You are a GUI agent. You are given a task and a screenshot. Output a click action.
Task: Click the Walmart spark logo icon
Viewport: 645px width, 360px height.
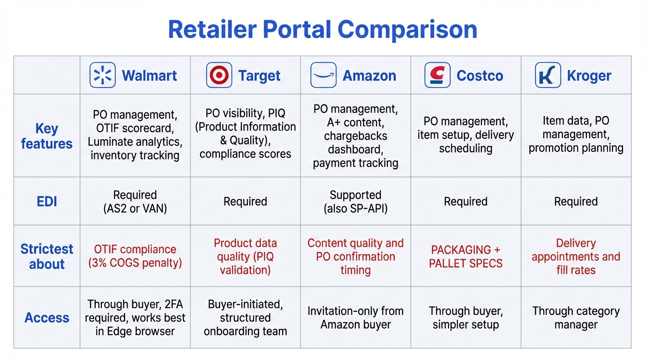click(102, 75)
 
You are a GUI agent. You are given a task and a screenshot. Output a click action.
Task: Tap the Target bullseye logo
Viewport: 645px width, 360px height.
click(219, 75)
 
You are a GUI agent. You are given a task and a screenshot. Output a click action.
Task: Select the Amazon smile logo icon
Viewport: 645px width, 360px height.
click(323, 75)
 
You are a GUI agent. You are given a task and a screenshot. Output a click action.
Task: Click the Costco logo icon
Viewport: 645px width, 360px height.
click(437, 75)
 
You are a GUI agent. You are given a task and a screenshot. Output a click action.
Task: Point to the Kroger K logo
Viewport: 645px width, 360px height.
click(547, 75)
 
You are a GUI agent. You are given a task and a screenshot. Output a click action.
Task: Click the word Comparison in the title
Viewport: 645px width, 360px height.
click(407, 30)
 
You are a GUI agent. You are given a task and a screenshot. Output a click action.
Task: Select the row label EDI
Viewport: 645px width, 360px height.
click(46, 202)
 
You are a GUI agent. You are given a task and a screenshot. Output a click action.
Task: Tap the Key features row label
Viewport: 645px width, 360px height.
click(46, 136)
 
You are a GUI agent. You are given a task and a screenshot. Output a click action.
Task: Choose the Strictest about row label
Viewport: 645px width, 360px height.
click(46, 256)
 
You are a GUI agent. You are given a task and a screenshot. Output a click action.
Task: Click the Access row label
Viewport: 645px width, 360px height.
click(46, 318)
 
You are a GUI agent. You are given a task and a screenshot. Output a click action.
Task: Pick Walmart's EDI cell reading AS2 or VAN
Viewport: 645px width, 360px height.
click(135, 202)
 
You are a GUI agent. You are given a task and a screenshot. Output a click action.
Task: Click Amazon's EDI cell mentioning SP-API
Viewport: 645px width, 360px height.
click(355, 202)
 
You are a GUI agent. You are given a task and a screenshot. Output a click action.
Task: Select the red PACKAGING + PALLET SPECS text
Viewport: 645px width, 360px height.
click(465, 256)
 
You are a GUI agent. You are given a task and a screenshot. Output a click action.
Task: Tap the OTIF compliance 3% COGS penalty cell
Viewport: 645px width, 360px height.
click(135, 256)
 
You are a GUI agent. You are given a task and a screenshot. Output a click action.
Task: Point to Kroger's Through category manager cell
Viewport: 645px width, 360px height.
click(576, 318)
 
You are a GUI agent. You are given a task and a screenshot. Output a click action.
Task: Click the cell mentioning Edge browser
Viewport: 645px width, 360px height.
click(135, 318)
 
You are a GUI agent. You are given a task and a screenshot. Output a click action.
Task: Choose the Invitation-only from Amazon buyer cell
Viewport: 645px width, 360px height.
click(355, 318)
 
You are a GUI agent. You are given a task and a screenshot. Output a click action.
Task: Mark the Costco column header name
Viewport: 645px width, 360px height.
click(480, 75)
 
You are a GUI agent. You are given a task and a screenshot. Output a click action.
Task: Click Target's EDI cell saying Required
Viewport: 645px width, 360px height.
click(245, 202)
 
